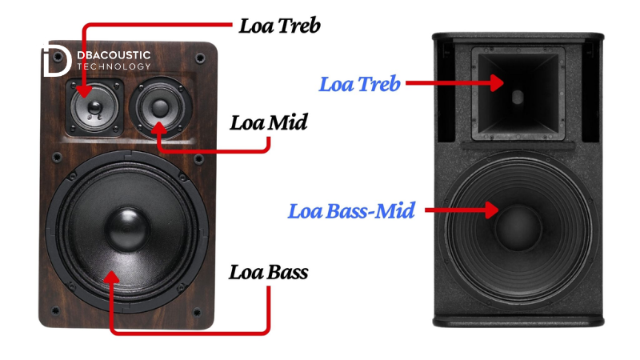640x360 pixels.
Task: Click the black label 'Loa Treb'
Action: point(280,26)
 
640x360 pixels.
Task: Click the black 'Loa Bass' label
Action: point(269,272)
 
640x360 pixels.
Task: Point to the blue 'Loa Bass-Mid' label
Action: point(351,212)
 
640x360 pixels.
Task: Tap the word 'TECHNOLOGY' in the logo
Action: point(113,66)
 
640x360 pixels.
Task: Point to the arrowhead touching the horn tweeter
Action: point(498,82)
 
